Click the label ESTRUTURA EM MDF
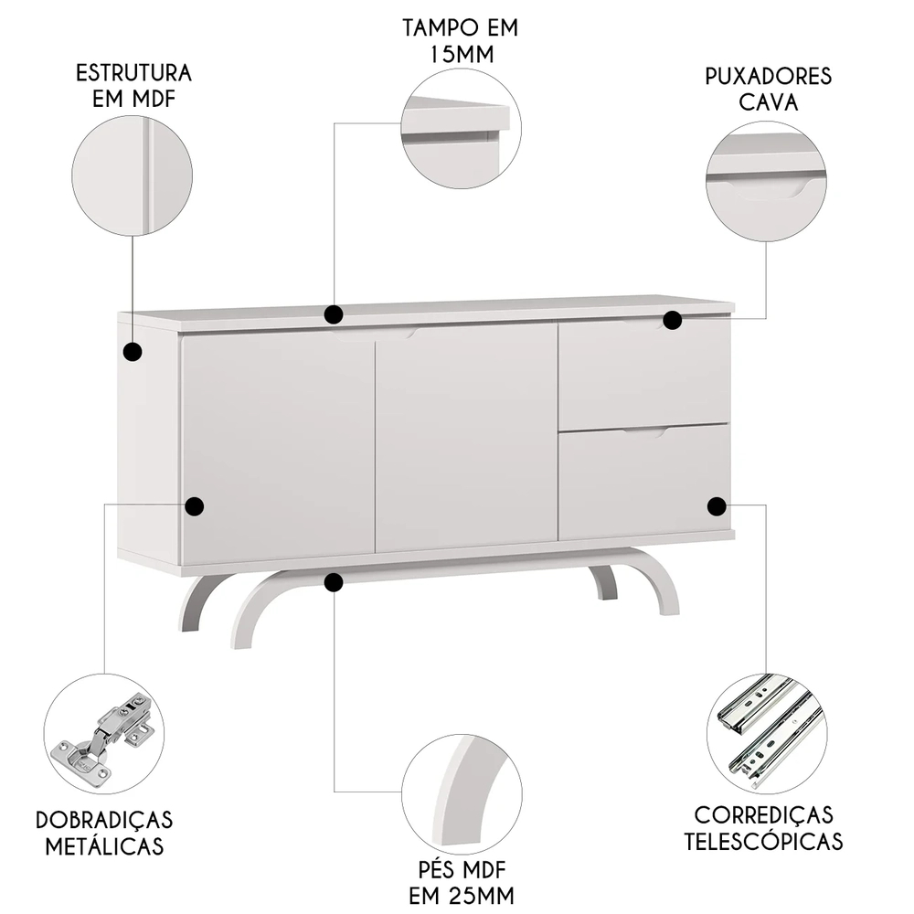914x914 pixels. [x=133, y=85]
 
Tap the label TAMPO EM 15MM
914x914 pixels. [x=460, y=40]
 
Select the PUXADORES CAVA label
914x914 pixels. [x=768, y=88]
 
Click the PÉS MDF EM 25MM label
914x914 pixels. [x=461, y=879]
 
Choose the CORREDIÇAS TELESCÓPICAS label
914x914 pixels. [x=763, y=827]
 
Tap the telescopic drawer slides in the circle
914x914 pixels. [x=765, y=732]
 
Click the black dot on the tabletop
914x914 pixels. [x=335, y=315]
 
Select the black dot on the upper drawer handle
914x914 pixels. [x=672, y=321]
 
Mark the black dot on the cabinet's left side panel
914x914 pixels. [x=133, y=351]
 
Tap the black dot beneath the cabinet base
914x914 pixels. [x=335, y=581]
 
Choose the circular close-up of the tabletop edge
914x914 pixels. [x=461, y=129]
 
